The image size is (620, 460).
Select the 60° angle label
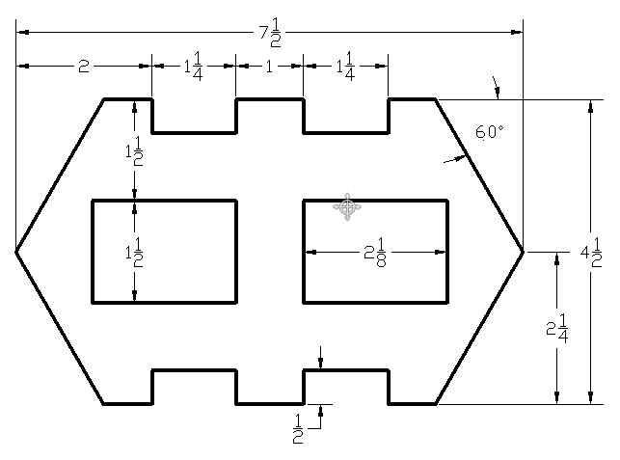click(489, 132)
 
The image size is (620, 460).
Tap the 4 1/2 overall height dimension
click(591, 253)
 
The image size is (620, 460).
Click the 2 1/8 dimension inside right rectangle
click(376, 254)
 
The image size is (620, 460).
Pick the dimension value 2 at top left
click(83, 67)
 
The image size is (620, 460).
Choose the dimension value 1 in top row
click(269, 67)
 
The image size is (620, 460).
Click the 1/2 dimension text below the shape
click(298, 425)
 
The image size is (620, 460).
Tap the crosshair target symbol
click(347, 205)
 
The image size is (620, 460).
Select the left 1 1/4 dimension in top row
click(193, 66)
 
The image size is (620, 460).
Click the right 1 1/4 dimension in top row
click(345, 66)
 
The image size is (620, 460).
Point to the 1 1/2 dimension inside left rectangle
click(134, 254)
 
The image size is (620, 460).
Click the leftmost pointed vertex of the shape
click(16, 252)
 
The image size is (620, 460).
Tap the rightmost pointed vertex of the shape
click(523, 252)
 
